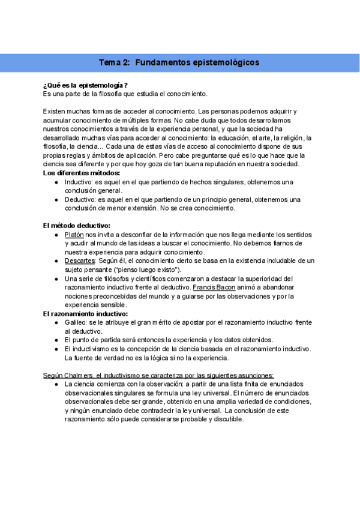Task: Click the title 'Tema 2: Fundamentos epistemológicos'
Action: click(179, 62)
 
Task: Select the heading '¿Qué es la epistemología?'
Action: click(86, 85)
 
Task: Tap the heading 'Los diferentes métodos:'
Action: click(82, 173)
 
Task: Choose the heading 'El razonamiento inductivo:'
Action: click(86, 313)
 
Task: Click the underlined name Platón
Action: click(74, 235)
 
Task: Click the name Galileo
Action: click(76, 322)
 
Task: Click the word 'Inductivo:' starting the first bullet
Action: click(79, 182)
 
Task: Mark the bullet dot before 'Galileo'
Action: click(56, 322)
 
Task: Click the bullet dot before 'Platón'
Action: click(56, 235)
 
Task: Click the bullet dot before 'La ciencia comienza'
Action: click(56, 384)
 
